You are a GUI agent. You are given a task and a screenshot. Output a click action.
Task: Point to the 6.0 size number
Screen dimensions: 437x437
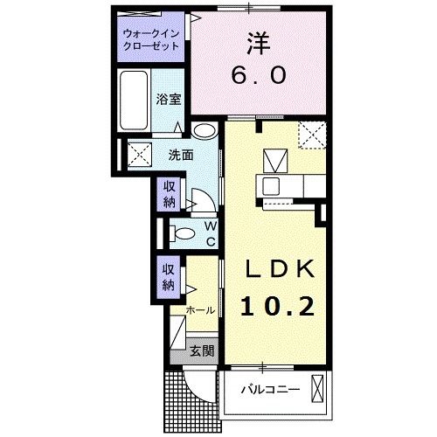[x=258, y=76]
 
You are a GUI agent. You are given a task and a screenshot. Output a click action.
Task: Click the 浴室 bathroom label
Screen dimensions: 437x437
[x=169, y=98]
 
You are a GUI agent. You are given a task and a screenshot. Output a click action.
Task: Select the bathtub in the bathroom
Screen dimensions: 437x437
[x=136, y=101]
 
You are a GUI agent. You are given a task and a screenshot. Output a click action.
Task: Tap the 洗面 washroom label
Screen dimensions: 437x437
[x=181, y=156]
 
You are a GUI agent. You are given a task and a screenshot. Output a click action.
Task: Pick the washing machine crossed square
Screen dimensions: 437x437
[x=138, y=156]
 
